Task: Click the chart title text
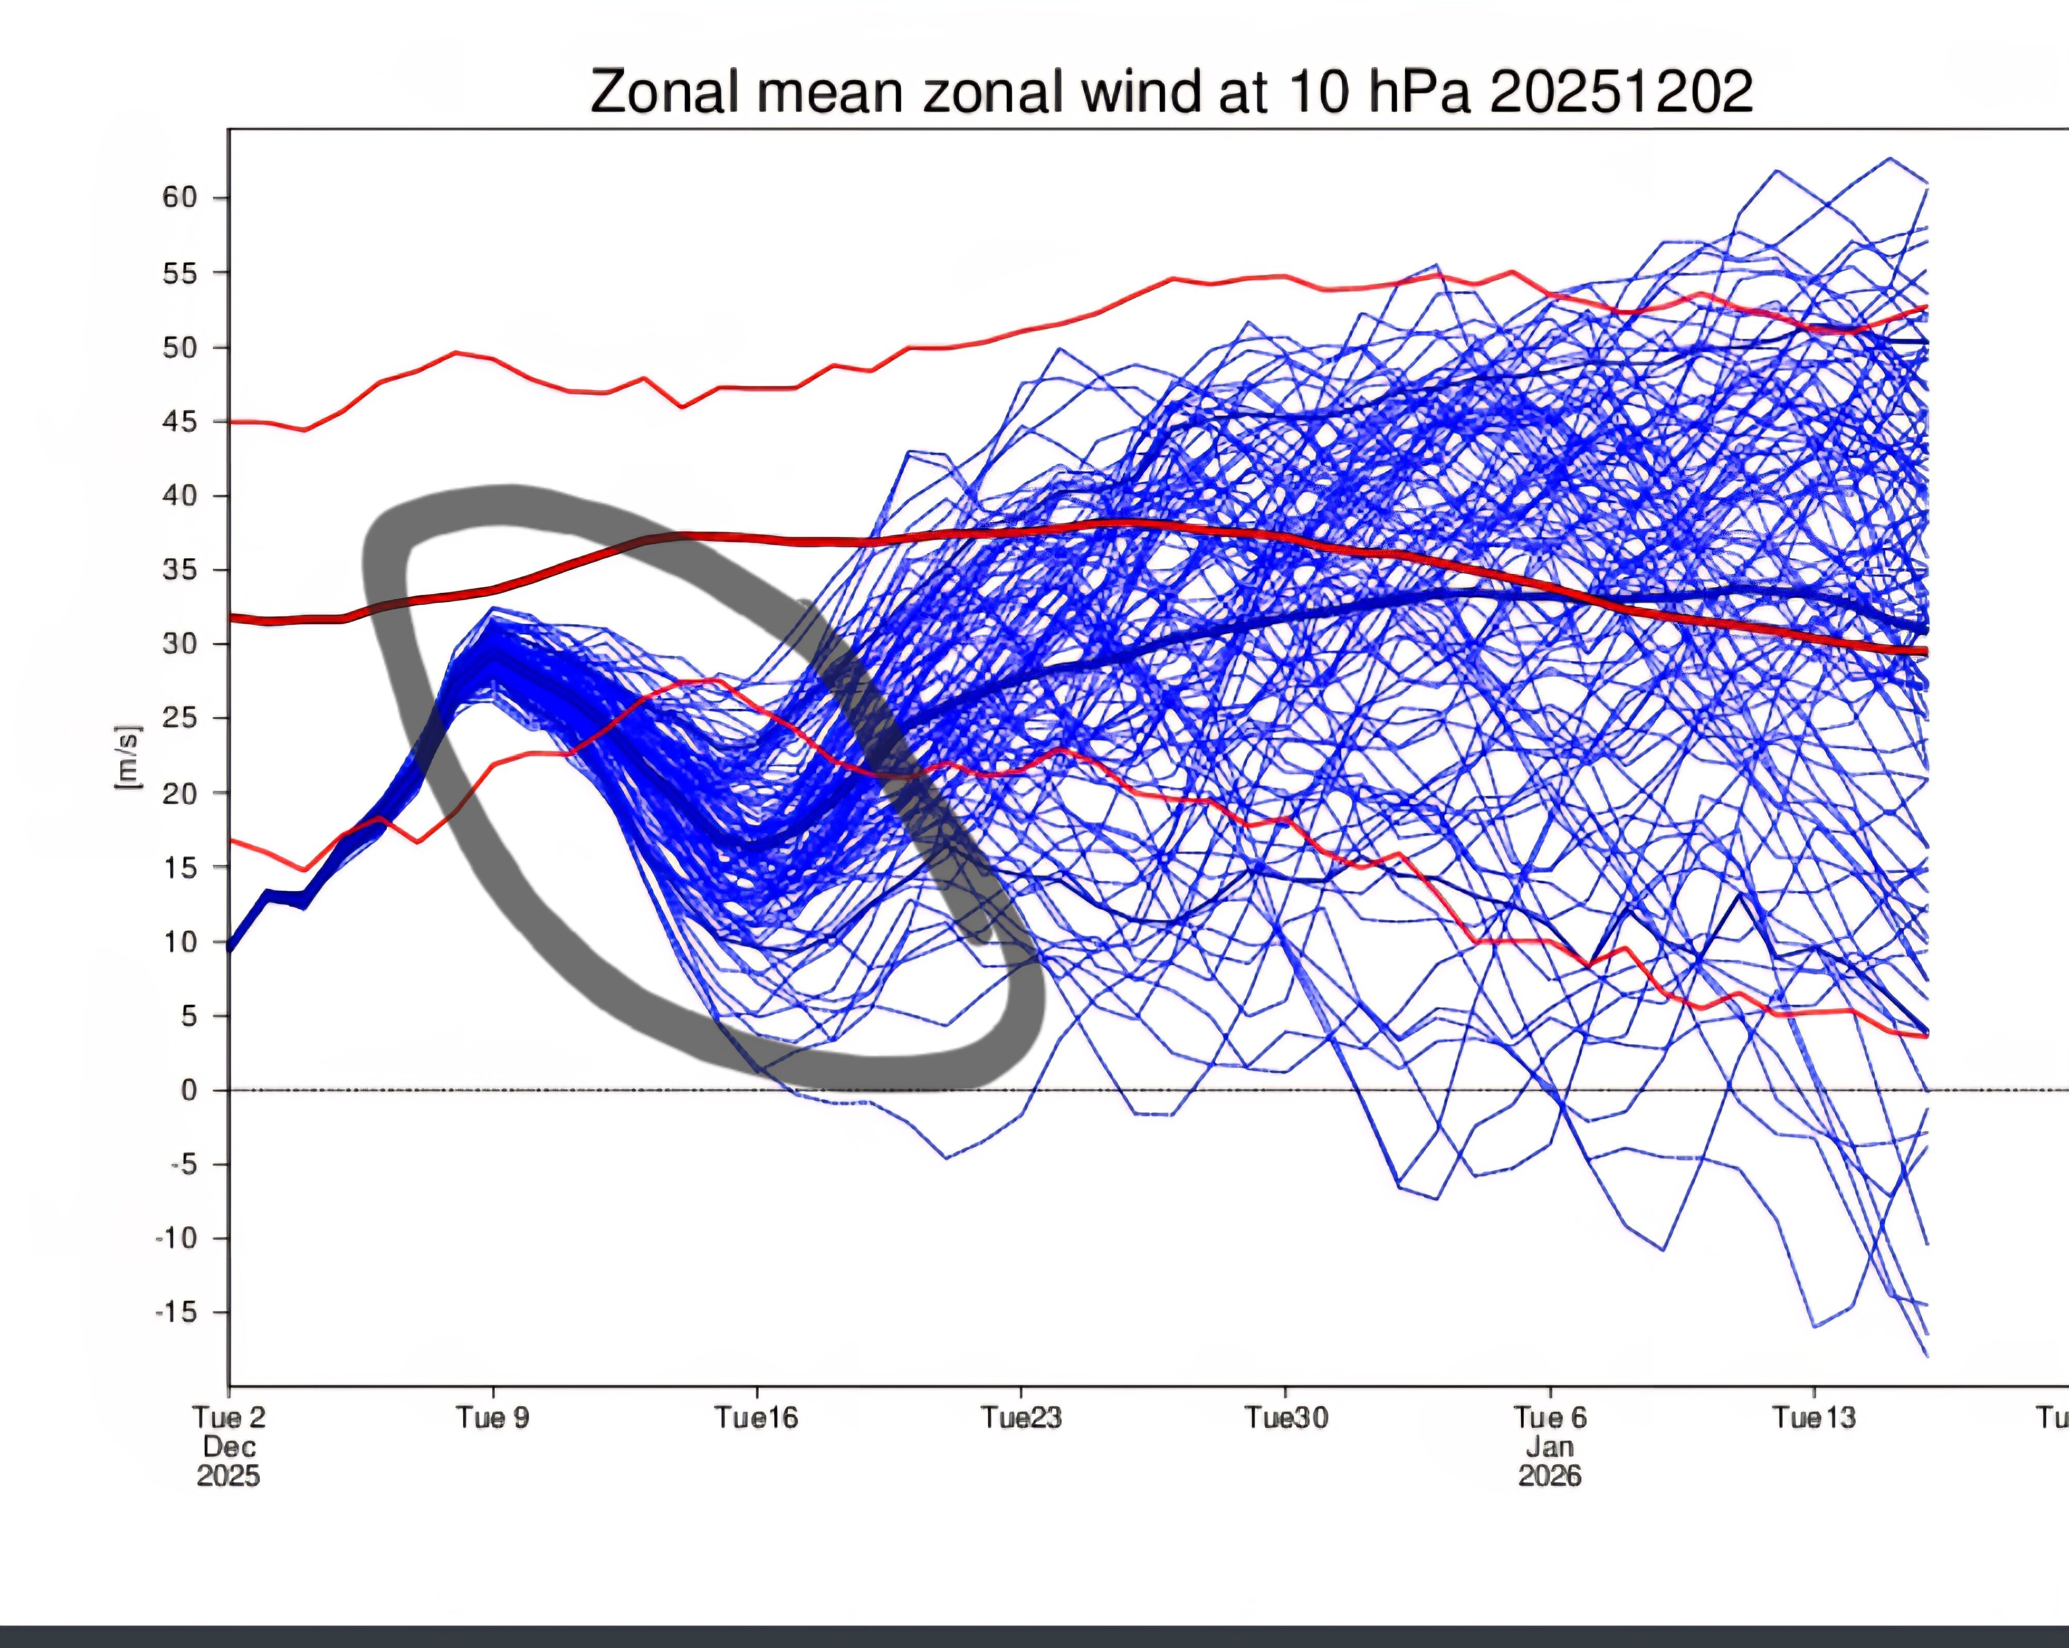(1171, 92)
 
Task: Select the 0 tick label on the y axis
(189, 1090)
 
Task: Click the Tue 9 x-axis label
(492, 1417)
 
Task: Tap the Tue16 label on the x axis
(756, 1417)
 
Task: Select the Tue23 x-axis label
(1021, 1417)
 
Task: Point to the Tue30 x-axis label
(1286, 1417)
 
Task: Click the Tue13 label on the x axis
(1814, 1417)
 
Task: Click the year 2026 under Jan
(1550, 1475)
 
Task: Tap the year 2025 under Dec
(228, 1475)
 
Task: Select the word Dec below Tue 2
(228, 1446)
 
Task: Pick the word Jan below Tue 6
(1550, 1446)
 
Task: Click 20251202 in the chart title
(1622, 92)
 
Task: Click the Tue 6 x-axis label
(1550, 1417)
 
